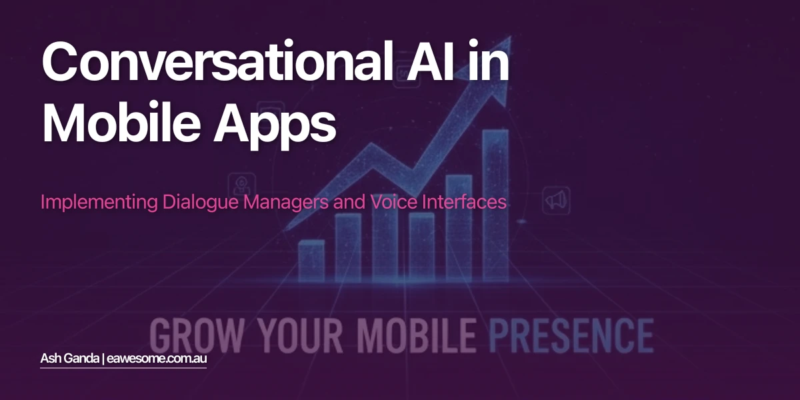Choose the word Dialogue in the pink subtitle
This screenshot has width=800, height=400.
pos(200,202)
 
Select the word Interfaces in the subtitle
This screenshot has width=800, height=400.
pos(464,202)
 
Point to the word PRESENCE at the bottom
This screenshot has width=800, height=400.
pos(571,335)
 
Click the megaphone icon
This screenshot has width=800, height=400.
pos(555,199)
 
